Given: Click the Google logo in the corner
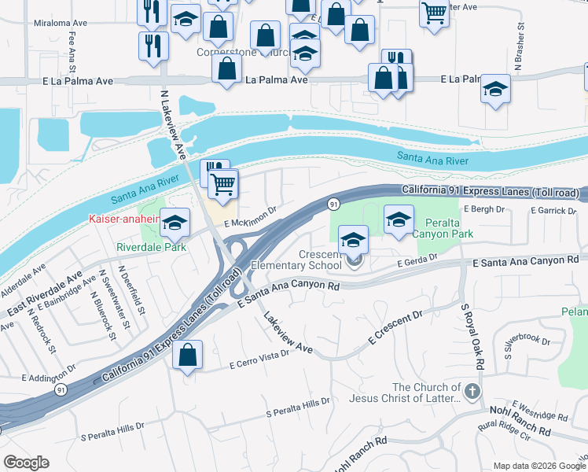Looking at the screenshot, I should coord(26,463).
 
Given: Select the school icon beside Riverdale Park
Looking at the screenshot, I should coord(175,223).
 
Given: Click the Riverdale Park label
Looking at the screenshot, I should coord(150,246).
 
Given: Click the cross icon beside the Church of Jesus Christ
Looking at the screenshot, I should coord(472,391).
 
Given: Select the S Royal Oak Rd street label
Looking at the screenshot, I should coord(469,336).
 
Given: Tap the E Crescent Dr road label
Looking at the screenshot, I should coord(396,326).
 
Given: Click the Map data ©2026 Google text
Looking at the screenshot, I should coord(538,466).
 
